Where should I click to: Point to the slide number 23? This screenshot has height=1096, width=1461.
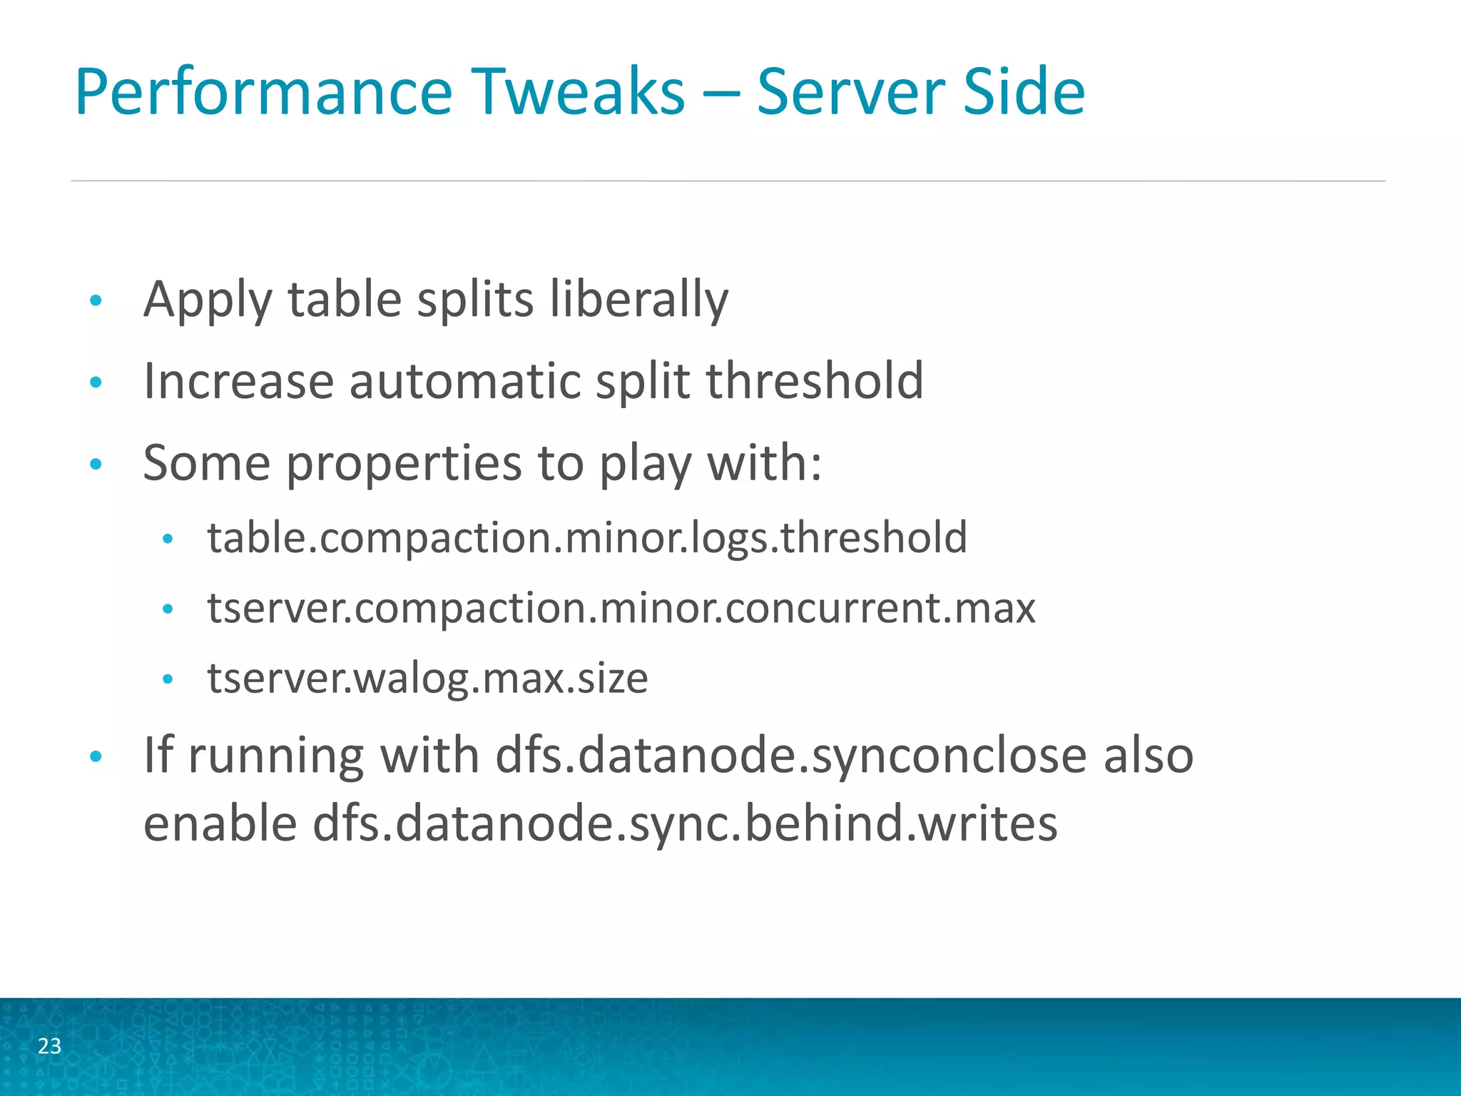click(x=49, y=1046)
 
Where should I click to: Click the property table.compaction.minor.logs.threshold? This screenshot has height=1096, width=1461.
click(x=587, y=537)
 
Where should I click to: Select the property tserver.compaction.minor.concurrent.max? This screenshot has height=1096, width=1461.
click(x=621, y=608)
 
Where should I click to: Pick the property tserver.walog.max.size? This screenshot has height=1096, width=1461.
click(x=427, y=678)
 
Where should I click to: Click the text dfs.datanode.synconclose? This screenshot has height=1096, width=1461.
click(x=791, y=754)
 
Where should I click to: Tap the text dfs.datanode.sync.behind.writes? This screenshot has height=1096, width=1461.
click(x=685, y=823)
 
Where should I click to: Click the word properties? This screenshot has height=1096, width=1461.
click(x=404, y=464)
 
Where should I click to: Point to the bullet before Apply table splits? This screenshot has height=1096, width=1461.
click(x=96, y=300)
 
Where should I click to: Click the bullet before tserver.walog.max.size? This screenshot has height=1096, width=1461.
click(x=168, y=679)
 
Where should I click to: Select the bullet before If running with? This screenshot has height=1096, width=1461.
click(x=96, y=756)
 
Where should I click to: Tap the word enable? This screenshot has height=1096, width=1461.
click(x=220, y=823)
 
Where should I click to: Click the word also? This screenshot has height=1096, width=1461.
click(x=1148, y=754)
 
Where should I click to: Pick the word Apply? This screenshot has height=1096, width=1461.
click(x=208, y=300)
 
